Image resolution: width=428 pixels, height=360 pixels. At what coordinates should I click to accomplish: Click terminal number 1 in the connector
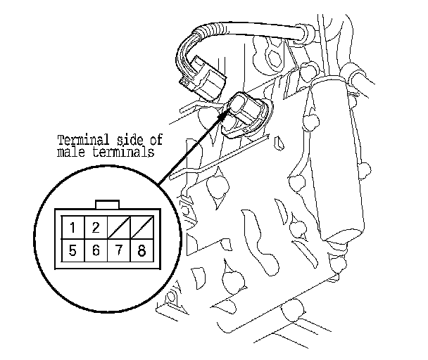pyautogui.click(x=73, y=228)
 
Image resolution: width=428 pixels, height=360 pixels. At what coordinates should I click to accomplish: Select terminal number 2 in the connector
pyautogui.click(x=96, y=228)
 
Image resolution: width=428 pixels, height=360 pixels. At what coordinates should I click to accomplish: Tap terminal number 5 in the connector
pyautogui.click(x=73, y=250)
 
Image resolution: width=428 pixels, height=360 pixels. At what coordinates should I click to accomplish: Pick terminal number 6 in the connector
pyautogui.click(x=96, y=250)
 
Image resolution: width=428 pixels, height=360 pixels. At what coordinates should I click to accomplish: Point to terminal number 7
pyautogui.click(x=119, y=250)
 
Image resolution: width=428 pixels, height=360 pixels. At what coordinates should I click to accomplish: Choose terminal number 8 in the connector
pyautogui.click(x=142, y=250)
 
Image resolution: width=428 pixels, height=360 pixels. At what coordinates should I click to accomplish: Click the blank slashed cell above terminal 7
pyautogui.click(x=119, y=228)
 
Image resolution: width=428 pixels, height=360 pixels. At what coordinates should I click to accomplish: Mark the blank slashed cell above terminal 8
pyautogui.click(x=142, y=228)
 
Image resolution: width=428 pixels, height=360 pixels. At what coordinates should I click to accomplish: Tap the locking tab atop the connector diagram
pyautogui.click(x=107, y=205)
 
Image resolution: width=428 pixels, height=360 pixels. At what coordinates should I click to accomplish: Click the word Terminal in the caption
pyautogui.click(x=84, y=140)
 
